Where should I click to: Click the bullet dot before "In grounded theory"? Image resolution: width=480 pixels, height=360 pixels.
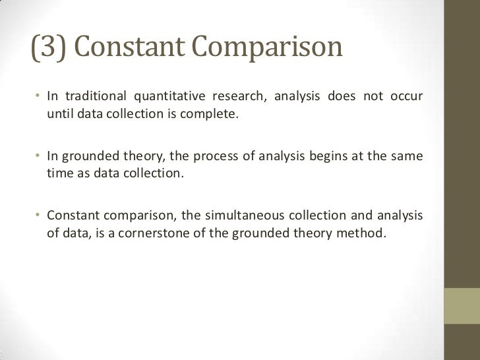(39, 158)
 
